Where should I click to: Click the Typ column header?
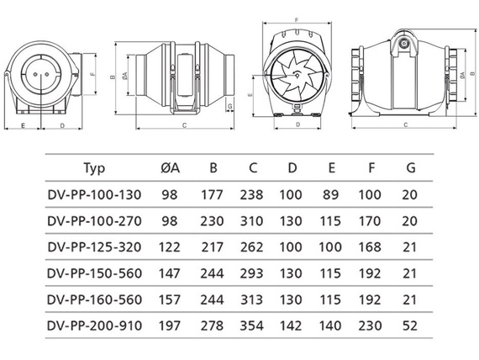click(x=94, y=169)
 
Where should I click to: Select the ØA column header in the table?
click(x=170, y=168)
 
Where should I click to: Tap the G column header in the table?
click(x=411, y=168)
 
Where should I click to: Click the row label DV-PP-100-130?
click(x=94, y=195)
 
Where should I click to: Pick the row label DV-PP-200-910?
click(x=94, y=326)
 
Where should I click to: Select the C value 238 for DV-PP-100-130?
click(x=251, y=195)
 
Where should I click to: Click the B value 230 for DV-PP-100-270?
click(x=212, y=221)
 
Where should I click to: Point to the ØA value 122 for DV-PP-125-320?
click(x=170, y=247)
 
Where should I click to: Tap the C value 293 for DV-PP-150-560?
click(x=251, y=273)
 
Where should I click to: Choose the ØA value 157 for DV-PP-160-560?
click(x=170, y=299)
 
